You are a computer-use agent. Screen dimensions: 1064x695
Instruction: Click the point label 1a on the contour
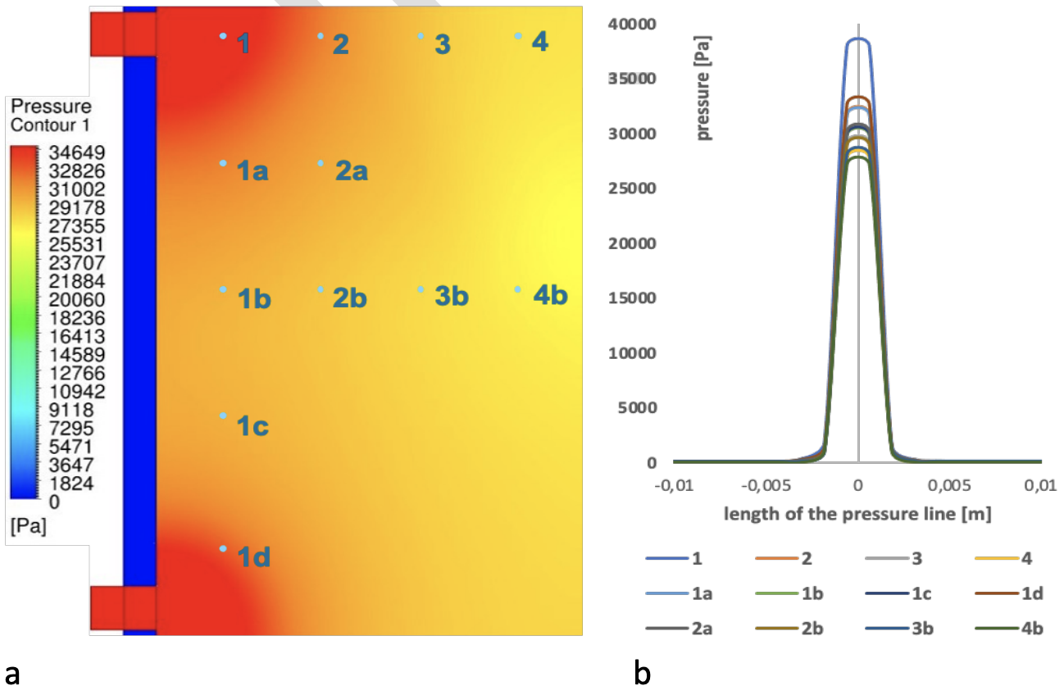pos(252,170)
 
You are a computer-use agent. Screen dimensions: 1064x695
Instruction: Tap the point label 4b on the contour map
pos(550,295)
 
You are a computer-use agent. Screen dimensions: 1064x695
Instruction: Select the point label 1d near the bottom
pos(253,556)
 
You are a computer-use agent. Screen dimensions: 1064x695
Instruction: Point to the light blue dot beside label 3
pos(421,36)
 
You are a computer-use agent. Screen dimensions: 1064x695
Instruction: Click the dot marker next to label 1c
pos(223,416)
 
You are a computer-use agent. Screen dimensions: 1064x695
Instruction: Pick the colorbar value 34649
pos(77,153)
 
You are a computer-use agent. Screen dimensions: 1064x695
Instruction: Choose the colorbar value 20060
pos(77,300)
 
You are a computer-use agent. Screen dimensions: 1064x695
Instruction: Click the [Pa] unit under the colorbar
pos(29,526)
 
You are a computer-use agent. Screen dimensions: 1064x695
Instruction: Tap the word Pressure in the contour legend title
pos(51,106)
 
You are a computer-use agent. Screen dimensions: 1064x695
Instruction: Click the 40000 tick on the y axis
pos(632,24)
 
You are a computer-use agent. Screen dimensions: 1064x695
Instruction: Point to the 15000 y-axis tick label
pos(632,298)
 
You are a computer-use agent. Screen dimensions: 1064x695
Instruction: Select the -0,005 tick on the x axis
pos(766,485)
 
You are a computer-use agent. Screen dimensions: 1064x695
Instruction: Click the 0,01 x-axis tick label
pos(1041,485)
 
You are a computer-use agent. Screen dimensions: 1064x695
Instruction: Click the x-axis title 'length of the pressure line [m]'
pos(858,514)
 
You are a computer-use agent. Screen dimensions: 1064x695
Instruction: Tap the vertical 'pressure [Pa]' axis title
pos(703,89)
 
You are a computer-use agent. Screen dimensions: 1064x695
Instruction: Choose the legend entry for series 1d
pos(1009,593)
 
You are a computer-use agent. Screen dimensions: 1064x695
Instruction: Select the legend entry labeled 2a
pos(680,629)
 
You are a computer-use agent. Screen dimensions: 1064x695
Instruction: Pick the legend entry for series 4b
pos(1009,629)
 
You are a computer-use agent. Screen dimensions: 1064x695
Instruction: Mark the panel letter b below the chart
pos(642,673)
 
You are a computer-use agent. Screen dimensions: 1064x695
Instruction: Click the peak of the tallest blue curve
pos(858,39)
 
